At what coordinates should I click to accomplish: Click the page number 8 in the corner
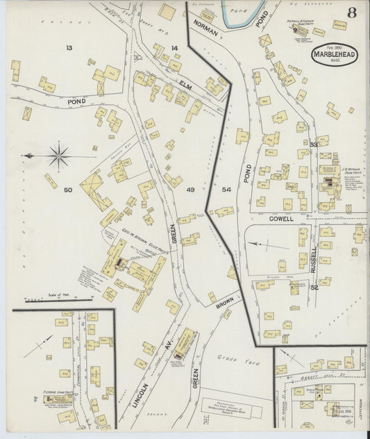(x=352, y=12)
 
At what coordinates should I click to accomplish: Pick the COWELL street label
(x=283, y=218)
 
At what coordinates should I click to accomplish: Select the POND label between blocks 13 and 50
(x=57, y=101)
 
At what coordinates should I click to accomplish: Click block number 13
(x=69, y=47)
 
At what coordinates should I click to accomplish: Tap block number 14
(x=175, y=48)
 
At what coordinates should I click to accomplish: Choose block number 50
(x=67, y=190)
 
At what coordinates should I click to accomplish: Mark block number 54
(x=226, y=189)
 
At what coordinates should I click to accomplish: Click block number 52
(x=314, y=287)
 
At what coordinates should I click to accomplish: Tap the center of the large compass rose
(x=59, y=156)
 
